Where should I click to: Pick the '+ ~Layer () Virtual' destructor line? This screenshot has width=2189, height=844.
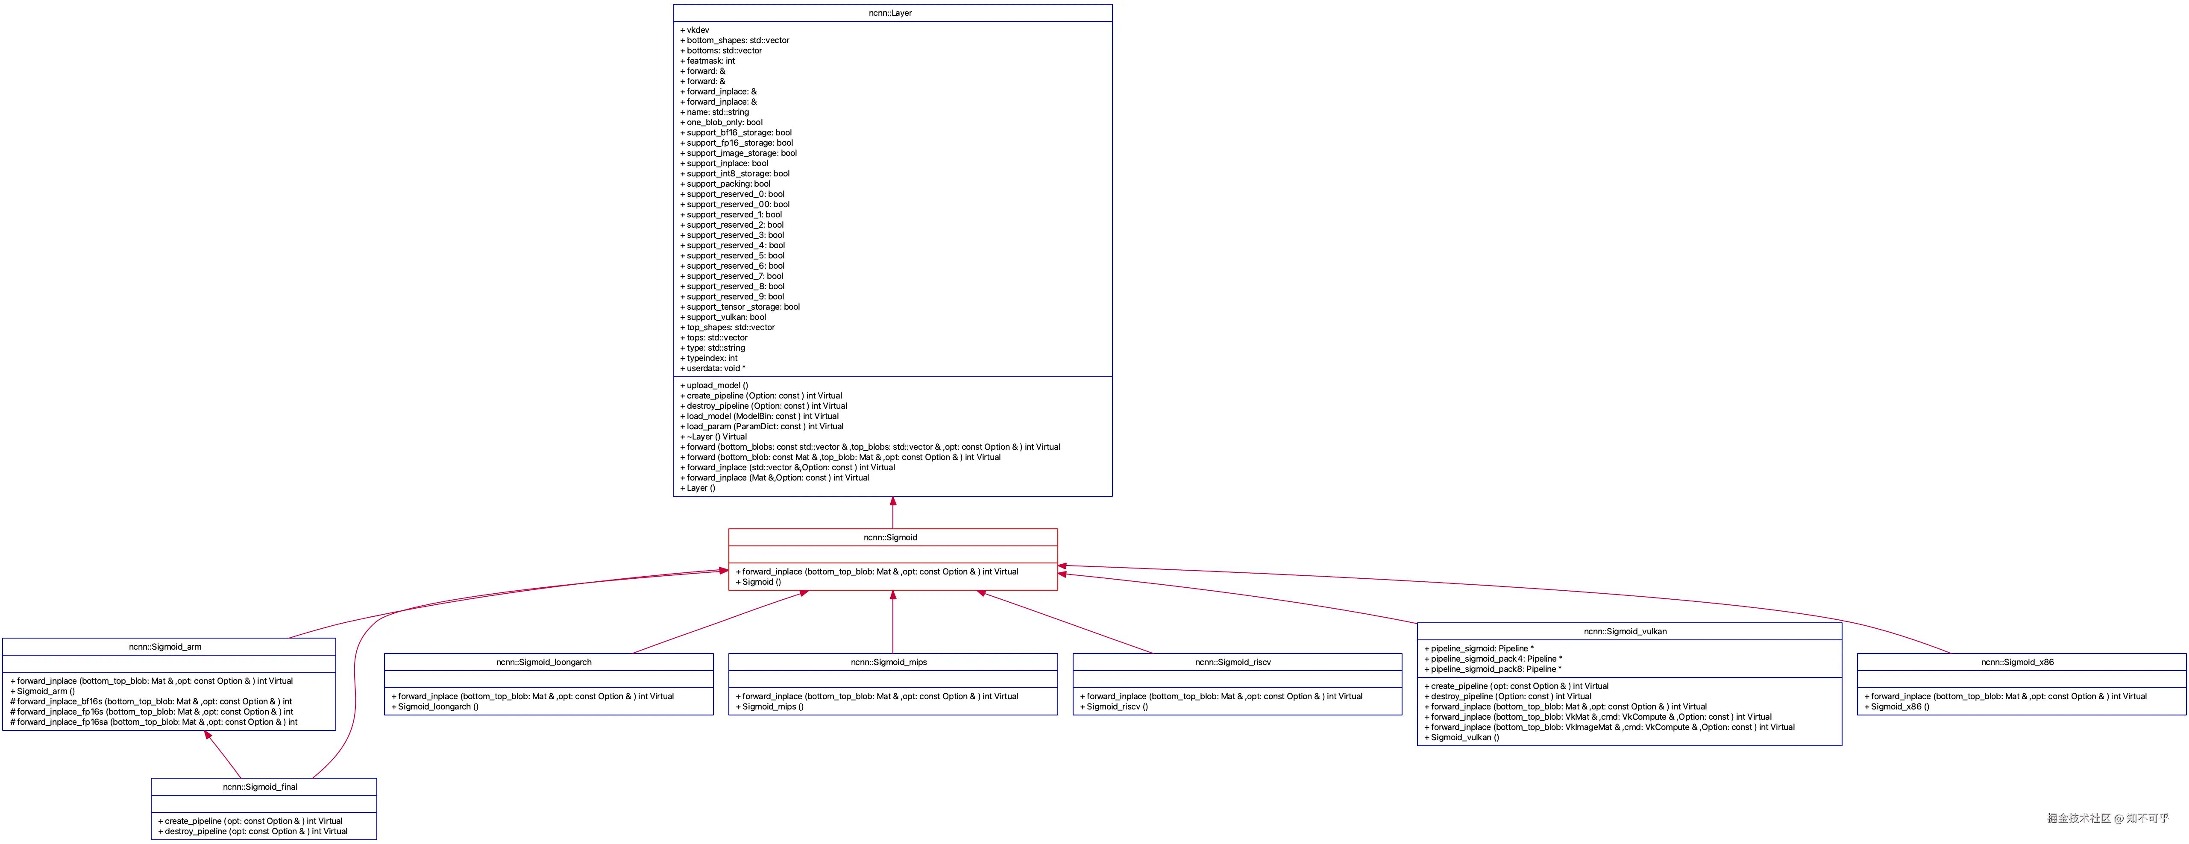(714, 437)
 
